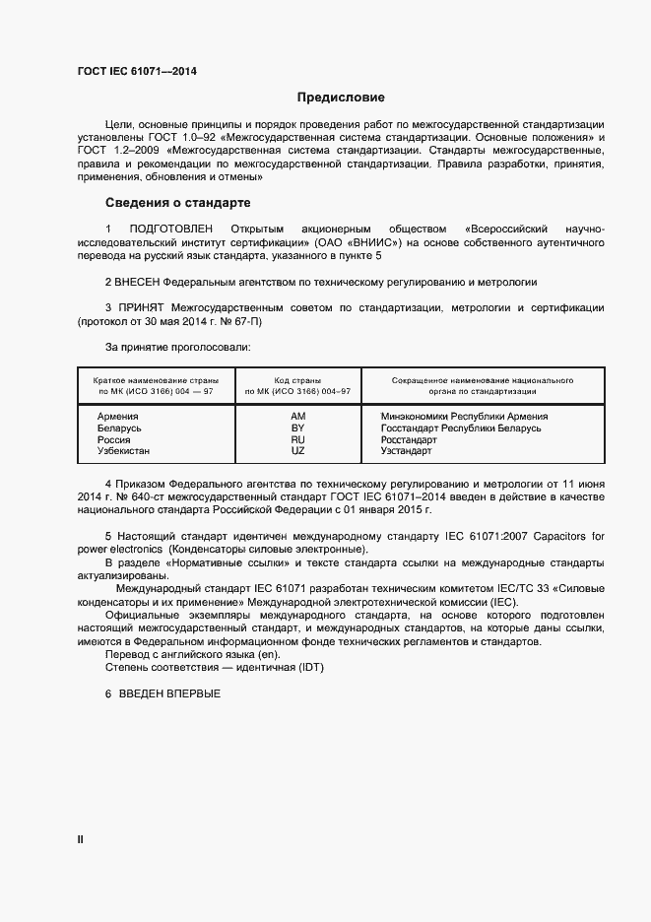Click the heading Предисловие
[342, 98]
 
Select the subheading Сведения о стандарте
[178, 203]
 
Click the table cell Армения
[117, 417]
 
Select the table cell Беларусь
[119, 428]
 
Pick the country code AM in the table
[297, 417]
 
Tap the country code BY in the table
[297, 428]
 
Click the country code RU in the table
[297, 439]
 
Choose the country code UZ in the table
[297, 451]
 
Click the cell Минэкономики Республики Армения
[464, 417]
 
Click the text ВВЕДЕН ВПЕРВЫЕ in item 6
[170, 693]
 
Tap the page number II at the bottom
[81, 840]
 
